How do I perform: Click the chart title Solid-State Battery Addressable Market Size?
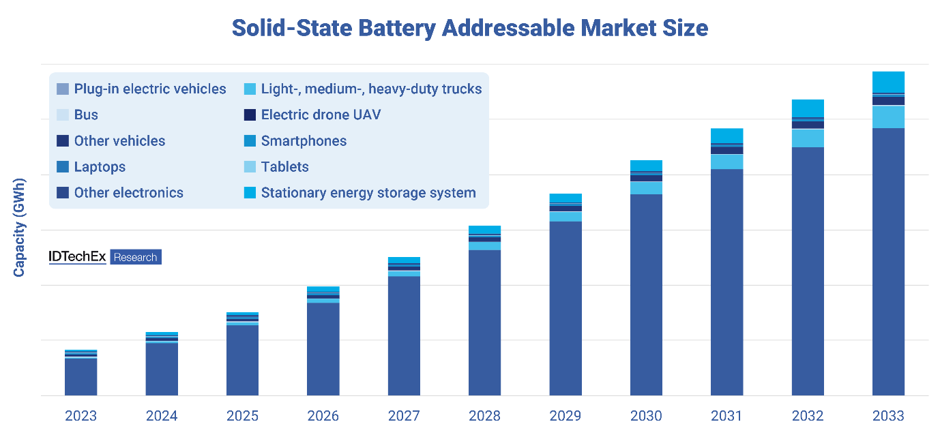pyautogui.click(x=469, y=28)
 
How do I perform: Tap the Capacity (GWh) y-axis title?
pyautogui.click(x=19, y=228)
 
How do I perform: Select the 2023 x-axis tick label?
pyautogui.click(x=80, y=416)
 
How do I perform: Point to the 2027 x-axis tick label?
pyautogui.click(x=404, y=416)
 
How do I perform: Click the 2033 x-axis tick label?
pyautogui.click(x=888, y=416)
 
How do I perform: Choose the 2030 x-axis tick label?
pyautogui.click(x=646, y=416)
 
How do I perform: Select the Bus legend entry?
pyautogui.click(x=86, y=115)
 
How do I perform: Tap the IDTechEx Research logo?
pyautogui.click(x=105, y=257)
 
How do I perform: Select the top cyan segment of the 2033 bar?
pyautogui.click(x=888, y=81)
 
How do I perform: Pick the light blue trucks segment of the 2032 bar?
pyautogui.click(x=808, y=138)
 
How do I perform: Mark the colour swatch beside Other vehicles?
pyautogui.click(x=62, y=141)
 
